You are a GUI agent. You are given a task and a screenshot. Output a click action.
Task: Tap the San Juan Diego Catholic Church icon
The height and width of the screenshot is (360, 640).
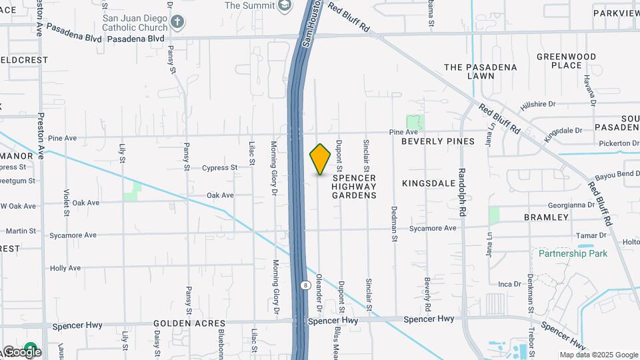177,21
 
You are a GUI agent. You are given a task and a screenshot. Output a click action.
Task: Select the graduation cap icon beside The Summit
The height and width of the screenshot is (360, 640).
285,5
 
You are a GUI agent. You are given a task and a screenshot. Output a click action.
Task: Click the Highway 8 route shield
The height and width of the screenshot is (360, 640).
305,285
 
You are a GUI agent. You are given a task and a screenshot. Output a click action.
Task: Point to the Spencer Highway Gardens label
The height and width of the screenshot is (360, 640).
354,187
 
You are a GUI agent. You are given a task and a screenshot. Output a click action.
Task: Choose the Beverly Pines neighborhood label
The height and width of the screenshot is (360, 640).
438,141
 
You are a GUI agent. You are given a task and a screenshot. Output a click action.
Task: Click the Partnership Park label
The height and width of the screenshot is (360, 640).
573,253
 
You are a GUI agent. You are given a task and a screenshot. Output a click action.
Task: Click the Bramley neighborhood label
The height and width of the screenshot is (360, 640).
546,217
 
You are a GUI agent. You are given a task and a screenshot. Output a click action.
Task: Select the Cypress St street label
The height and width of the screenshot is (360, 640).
220,168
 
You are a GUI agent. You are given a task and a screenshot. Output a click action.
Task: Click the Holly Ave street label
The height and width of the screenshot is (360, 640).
65,268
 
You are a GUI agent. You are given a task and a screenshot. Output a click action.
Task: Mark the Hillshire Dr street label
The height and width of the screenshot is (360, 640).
538,104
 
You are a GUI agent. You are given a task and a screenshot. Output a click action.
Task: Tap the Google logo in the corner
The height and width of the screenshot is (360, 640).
21,351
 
